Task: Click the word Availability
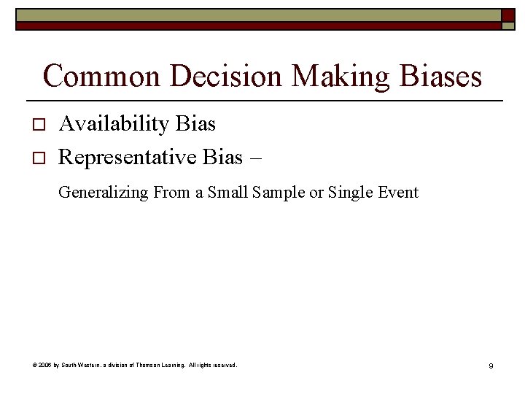(x=114, y=124)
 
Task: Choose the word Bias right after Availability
(x=195, y=124)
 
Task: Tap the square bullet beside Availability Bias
(x=39, y=125)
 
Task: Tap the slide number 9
(x=491, y=365)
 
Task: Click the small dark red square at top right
(x=507, y=15)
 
